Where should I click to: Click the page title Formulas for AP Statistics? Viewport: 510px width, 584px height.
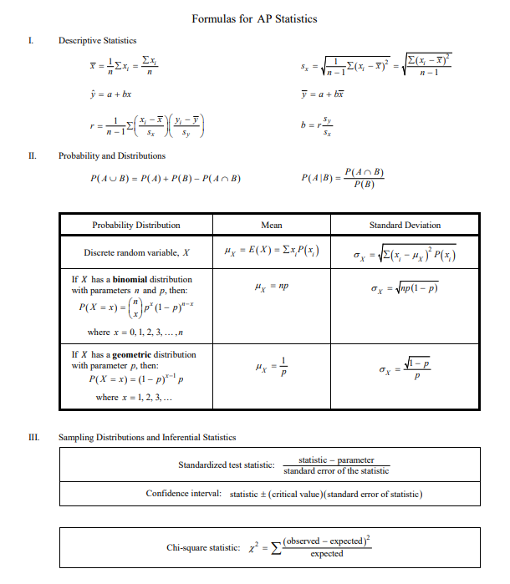click(x=254, y=18)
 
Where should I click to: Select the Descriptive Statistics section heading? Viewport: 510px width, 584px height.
click(x=97, y=41)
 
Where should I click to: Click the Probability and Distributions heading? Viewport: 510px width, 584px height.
click(x=111, y=155)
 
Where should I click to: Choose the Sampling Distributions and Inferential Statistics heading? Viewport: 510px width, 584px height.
click(x=146, y=437)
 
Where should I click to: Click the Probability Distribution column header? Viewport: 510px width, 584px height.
click(x=135, y=225)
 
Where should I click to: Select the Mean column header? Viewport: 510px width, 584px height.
click(x=272, y=225)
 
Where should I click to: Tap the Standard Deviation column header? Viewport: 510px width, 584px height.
click(x=405, y=225)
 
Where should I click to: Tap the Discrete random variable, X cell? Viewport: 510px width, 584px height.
click(x=136, y=252)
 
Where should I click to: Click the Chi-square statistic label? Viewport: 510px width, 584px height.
click(x=203, y=547)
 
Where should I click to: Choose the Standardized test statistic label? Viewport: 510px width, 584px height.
click(x=226, y=465)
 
